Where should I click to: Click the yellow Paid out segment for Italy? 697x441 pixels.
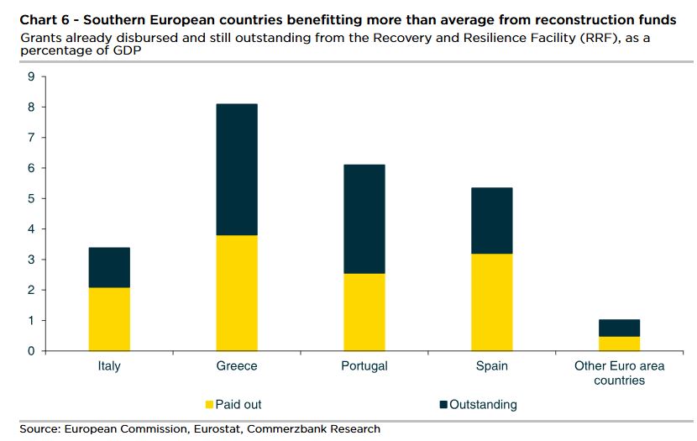click(x=109, y=319)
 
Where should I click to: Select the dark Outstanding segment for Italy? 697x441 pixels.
click(x=109, y=267)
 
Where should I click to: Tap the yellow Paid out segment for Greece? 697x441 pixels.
click(x=237, y=292)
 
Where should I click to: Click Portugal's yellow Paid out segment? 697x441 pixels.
click(x=364, y=312)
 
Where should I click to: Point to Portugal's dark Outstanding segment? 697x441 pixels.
click(x=364, y=218)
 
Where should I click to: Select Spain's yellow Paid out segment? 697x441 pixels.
click(x=492, y=302)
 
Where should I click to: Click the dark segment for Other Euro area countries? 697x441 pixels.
click(x=620, y=328)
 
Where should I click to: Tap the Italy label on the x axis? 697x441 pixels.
click(x=109, y=366)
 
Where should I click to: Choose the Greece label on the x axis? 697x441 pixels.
click(x=237, y=366)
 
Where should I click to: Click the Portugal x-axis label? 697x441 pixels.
click(x=364, y=366)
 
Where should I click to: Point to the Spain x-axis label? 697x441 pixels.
click(x=492, y=366)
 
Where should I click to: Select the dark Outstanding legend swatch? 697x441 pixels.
click(x=444, y=405)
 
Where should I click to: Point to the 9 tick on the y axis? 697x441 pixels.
click(x=31, y=76)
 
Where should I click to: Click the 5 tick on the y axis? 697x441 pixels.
click(x=31, y=198)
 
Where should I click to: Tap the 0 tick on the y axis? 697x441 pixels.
click(x=31, y=351)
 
